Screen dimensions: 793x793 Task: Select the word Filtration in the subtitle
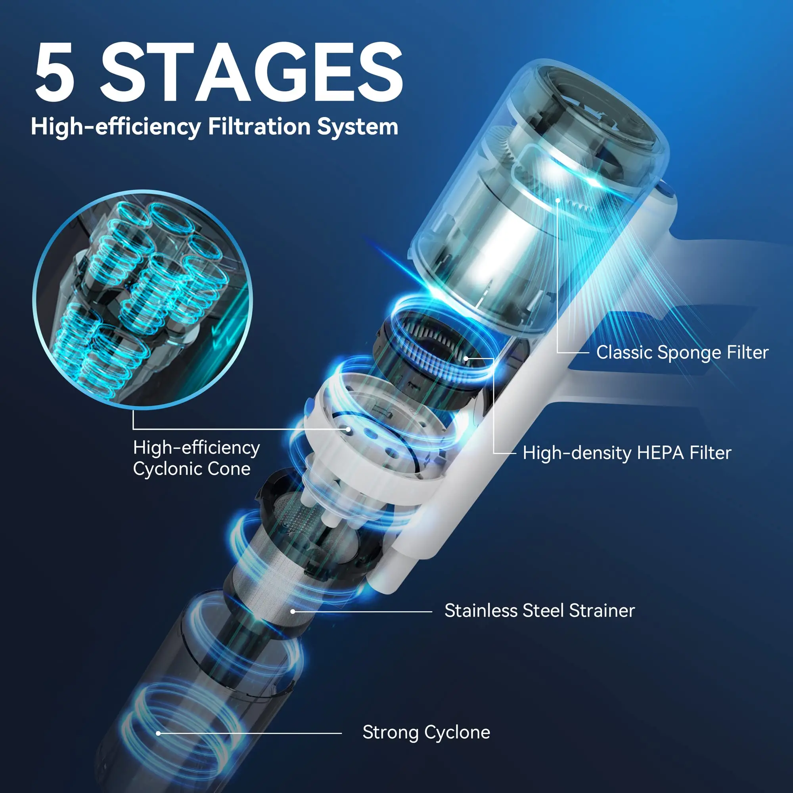point(259,126)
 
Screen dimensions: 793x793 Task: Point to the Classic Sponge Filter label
point(682,352)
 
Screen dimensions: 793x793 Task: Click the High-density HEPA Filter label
point(627,453)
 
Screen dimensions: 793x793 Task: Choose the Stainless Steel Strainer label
point(540,611)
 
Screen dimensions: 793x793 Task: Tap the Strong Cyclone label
point(426,732)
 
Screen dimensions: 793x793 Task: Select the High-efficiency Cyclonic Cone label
point(196,458)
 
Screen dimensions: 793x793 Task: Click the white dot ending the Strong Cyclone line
point(159,733)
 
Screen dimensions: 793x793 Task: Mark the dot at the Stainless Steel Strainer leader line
point(293,611)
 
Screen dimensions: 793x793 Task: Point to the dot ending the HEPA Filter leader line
point(466,358)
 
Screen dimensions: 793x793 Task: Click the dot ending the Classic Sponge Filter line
point(558,200)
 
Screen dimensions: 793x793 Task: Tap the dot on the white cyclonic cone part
point(348,429)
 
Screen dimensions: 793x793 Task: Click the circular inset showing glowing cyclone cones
point(142,300)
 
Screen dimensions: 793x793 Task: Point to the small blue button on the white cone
point(308,407)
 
